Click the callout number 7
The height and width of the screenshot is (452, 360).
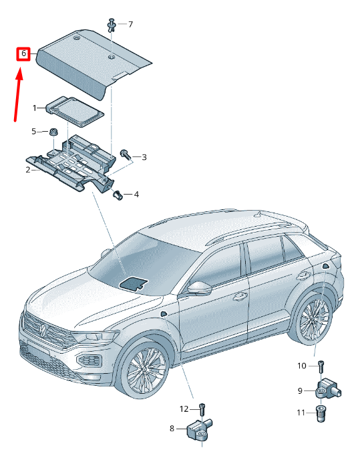[130, 24]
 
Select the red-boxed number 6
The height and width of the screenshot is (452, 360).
[23, 53]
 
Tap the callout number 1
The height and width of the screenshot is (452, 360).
[35, 108]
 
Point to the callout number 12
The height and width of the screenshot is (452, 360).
[184, 409]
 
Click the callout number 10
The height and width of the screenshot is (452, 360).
[301, 366]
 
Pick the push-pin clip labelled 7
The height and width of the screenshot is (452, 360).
[112, 25]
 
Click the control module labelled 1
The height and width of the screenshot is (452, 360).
[74, 111]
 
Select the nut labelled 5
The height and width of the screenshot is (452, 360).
[53, 132]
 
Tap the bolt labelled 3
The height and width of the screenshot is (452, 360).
[126, 154]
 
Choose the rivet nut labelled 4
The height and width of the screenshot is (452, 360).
[117, 195]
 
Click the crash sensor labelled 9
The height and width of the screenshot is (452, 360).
[329, 389]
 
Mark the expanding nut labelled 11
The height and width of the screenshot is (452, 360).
[321, 413]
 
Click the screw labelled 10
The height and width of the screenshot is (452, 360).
[321, 366]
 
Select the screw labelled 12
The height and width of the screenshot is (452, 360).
[202, 409]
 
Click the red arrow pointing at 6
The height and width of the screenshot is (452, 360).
[18, 94]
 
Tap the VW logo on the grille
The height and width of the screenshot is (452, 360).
[43, 330]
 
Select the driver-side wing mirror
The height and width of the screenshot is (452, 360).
[199, 289]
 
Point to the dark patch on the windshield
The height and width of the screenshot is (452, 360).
[134, 284]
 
